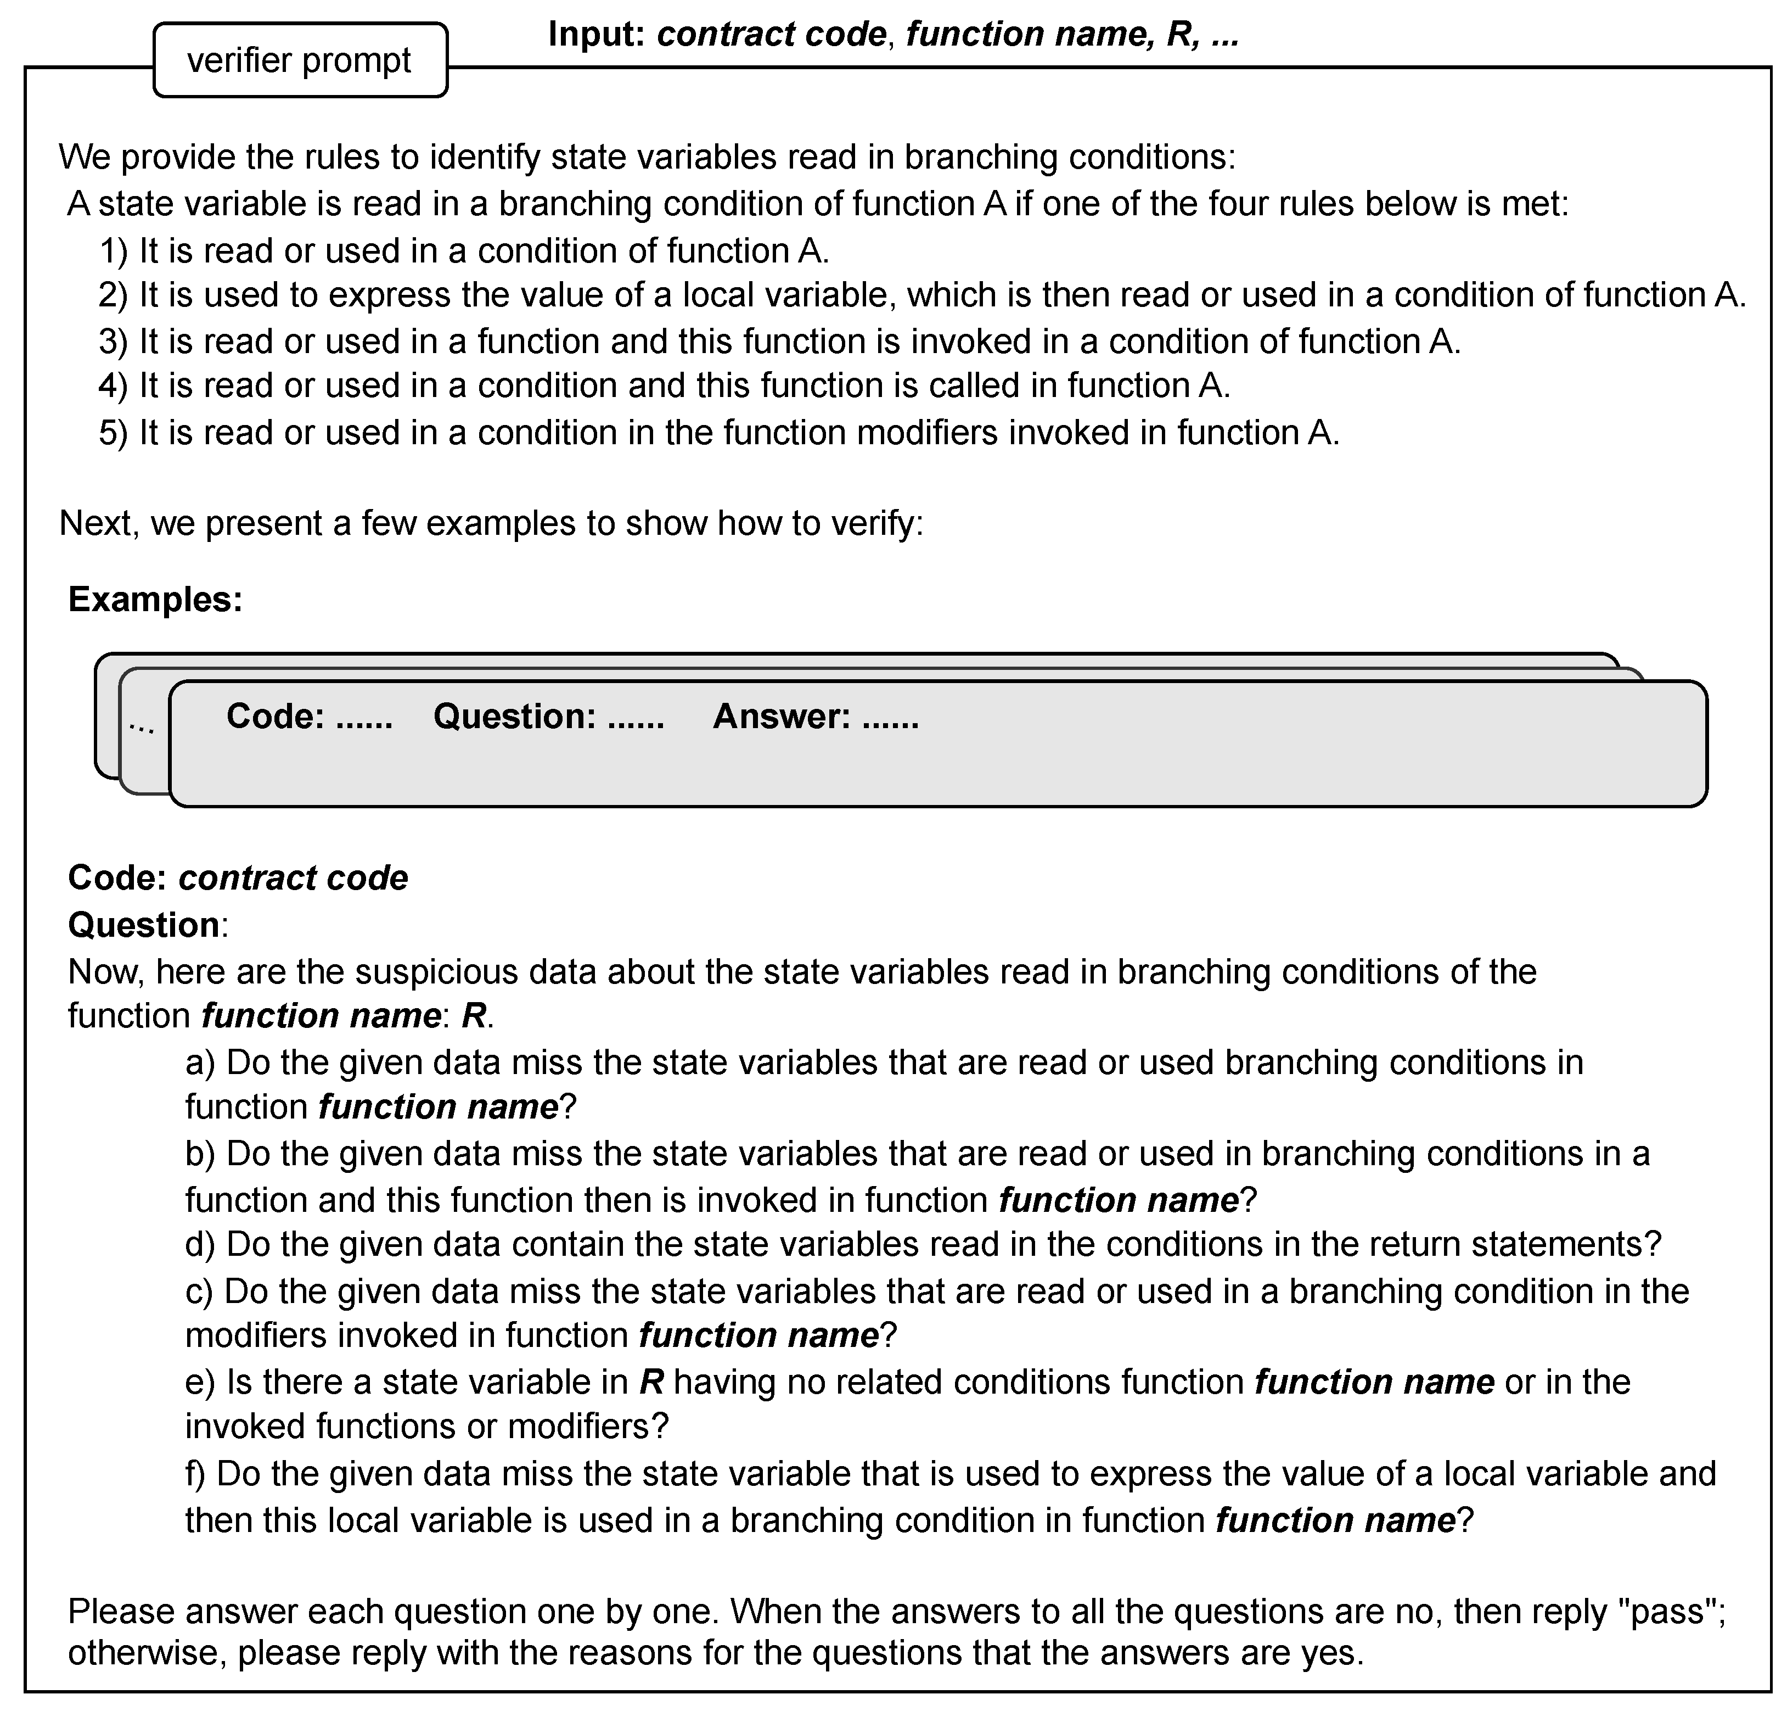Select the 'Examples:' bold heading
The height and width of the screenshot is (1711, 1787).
click(155, 599)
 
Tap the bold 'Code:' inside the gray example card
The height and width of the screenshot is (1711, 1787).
click(276, 716)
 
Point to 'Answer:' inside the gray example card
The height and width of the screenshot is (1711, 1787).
click(780, 716)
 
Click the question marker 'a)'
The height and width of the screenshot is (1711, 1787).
click(200, 1063)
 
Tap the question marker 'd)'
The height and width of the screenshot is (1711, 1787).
click(200, 1245)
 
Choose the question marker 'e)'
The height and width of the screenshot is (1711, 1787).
click(200, 1382)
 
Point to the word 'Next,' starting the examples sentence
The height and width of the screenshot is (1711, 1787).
click(98, 523)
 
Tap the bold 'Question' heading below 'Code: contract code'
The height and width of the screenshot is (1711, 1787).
click(143, 925)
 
